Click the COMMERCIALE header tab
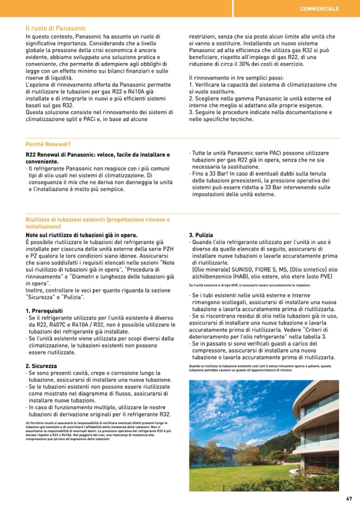point(319,9)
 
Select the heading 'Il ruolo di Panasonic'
point(56,28)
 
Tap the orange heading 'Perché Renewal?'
point(48,144)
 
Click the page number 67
point(349,498)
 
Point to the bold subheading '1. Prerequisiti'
point(44,310)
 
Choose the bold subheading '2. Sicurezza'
point(41,366)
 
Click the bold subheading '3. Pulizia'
point(201,235)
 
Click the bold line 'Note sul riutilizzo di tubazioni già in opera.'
point(81,235)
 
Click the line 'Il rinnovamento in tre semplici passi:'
point(236,77)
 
